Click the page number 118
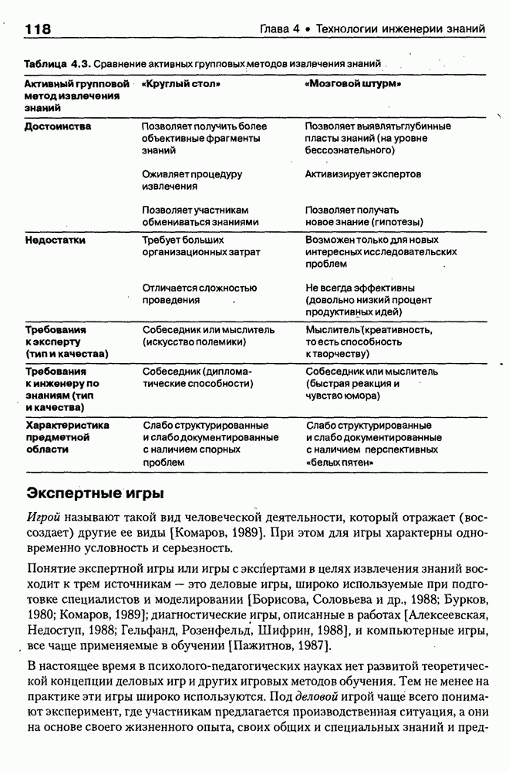(38, 30)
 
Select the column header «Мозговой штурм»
(356, 82)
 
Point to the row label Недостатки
(55, 240)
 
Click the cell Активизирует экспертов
(362, 174)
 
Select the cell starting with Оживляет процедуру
(192, 180)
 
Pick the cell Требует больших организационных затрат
(201, 246)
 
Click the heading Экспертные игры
(94, 492)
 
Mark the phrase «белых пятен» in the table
(339, 462)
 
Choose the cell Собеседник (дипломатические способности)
(197, 376)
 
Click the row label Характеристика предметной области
(68, 437)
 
